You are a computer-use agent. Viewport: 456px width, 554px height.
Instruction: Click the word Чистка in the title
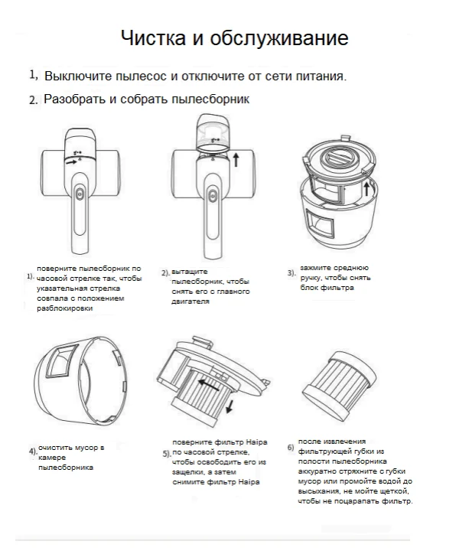(153, 37)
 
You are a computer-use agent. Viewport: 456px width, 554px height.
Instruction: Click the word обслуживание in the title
(279, 38)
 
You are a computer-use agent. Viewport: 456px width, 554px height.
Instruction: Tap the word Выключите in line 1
(78, 76)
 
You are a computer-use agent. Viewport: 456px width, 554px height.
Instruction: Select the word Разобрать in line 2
(74, 99)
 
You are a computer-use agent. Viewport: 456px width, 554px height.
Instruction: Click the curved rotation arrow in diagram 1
(70, 161)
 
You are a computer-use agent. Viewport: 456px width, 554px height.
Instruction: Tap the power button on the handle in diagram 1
(79, 194)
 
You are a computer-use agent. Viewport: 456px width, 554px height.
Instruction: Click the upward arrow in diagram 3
(366, 188)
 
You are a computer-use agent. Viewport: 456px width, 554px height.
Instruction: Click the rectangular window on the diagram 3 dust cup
(320, 223)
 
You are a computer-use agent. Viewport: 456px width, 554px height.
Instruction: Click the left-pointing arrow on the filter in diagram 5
(208, 385)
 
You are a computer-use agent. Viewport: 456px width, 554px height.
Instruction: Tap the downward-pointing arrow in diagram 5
(230, 406)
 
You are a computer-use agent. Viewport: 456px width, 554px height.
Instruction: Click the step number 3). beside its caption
(292, 272)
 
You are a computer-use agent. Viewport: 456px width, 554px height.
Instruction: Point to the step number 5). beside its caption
(167, 454)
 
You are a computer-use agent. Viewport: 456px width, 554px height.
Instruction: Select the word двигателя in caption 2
(191, 301)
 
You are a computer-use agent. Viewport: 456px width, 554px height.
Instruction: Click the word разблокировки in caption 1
(64, 308)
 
